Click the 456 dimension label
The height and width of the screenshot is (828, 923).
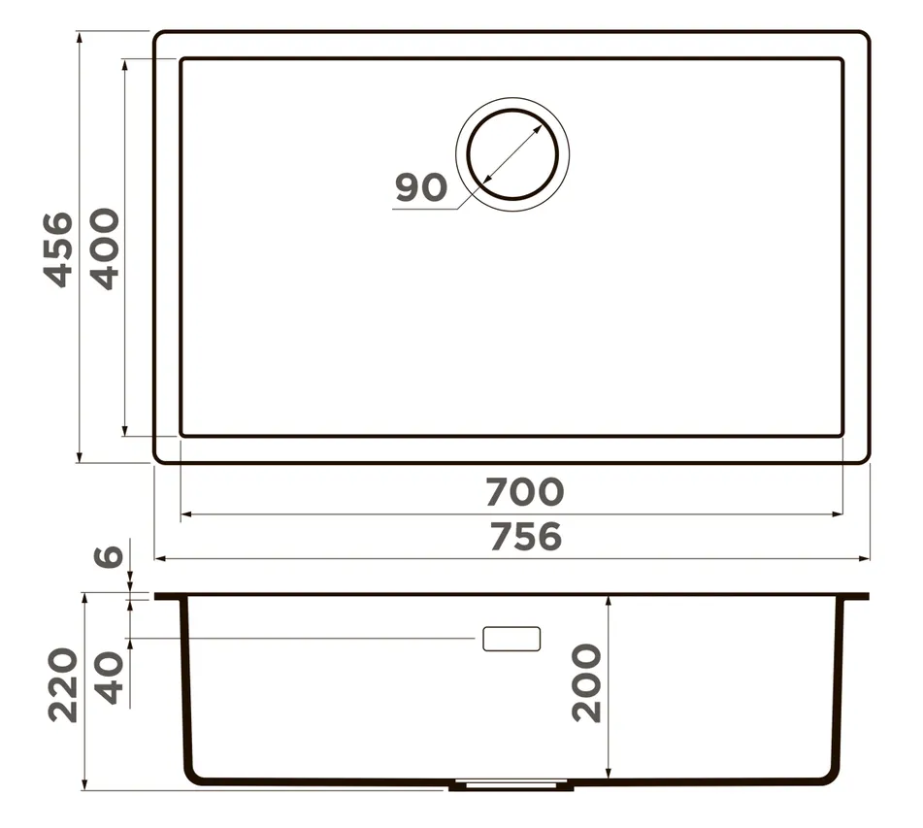pyautogui.click(x=59, y=249)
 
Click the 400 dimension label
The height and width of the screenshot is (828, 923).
pyautogui.click(x=105, y=248)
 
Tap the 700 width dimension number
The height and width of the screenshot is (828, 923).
pyautogui.click(x=525, y=492)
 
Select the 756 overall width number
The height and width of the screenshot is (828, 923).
pyautogui.click(x=526, y=537)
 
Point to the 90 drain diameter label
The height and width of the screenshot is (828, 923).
pyautogui.click(x=421, y=187)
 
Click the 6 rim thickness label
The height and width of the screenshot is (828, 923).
pyautogui.click(x=109, y=556)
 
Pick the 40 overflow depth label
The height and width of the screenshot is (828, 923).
pyautogui.click(x=110, y=678)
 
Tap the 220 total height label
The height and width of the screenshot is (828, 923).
pyautogui.click(x=63, y=685)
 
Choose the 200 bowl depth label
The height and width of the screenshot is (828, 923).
pyautogui.click(x=587, y=682)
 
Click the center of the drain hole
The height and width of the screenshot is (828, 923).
pyautogui.click(x=512, y=154)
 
